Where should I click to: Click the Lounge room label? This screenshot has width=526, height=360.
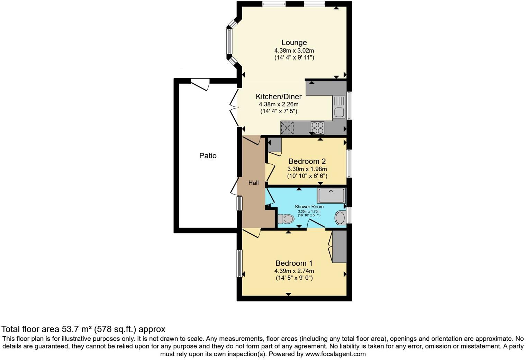[294, 43]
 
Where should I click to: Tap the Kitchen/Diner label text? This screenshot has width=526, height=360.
[279, 97]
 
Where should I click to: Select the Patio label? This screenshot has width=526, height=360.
[208, 156]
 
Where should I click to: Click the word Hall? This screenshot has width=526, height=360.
[253, 183]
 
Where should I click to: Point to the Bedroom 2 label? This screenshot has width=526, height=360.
[307, 161]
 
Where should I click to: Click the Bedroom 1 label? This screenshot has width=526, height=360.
[294, 263]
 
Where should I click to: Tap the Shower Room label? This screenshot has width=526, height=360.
[309, 207]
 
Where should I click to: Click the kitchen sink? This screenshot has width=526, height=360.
[339, 112]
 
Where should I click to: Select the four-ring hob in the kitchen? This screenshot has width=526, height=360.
[317, 128]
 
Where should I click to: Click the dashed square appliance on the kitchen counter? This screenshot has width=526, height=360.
[287, 128]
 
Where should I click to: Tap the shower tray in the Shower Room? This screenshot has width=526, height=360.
[332, 196]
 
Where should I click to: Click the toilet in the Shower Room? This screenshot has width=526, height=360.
[286, 219]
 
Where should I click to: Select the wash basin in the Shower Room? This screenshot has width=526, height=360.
[340, 218]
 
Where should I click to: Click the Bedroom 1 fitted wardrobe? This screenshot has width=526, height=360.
[339, 246]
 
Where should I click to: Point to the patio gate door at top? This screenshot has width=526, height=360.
[200, 84]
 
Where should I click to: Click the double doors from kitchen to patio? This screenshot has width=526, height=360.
[235, 108]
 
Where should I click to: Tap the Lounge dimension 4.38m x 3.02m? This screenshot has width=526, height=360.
[294, 51]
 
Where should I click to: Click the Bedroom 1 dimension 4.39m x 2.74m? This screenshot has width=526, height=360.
[294, 271]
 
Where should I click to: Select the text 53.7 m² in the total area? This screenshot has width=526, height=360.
[76, 329]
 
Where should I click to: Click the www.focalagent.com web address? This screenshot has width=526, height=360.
[335, 354]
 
